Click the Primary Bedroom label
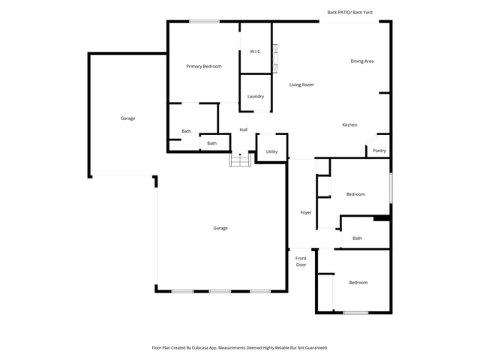point(204,67)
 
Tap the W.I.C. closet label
point(256,52)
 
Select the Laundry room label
point(256,97)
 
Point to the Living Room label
point(301,85)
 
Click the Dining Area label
point(361,61)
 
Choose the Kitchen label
point(349,125)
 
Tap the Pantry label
point(379,151)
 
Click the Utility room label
point(271,151)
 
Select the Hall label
point(244,130)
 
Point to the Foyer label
point(306,212)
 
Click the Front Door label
point(301,262)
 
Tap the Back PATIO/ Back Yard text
point(350,12)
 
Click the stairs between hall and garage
point(240,159)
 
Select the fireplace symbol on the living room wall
point(275,58)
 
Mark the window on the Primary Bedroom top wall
point(204,22)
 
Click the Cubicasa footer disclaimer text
point(240,348)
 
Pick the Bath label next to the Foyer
point(357,238)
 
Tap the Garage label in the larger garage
point(220,228)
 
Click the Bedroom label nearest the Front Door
point(358,283)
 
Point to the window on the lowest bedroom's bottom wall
point(355,313)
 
